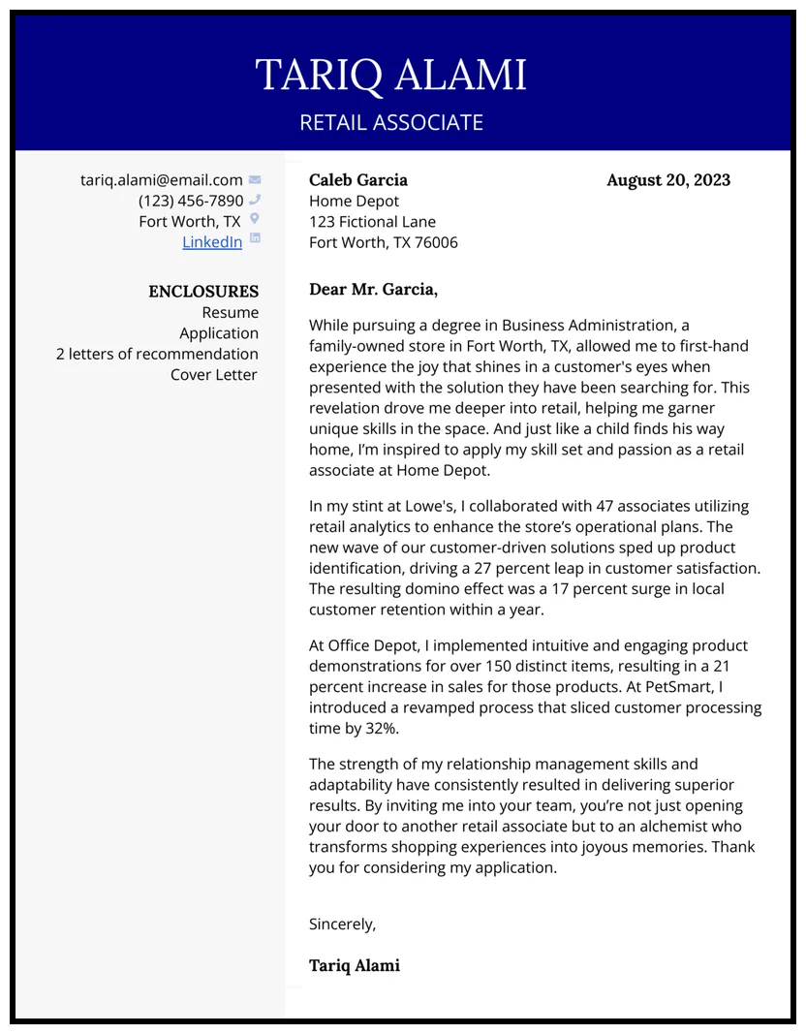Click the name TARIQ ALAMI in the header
(x=390, y=76)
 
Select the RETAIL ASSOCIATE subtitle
(x=390, y=123)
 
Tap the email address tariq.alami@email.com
(x=161, y=180)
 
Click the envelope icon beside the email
(x=255, y=179)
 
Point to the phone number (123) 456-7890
(x=191, y=201)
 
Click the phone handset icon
(x=255, y=200)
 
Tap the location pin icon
(x=255, y=220)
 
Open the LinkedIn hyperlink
(x=212, y=242)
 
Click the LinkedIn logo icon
(x=255, y=238)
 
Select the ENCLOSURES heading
(x=203, y=292)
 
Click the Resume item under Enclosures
(x=230, y=313)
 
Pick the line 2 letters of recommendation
(x=157, y=355)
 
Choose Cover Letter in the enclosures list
(x=214, y=375)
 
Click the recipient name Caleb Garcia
(x=357, y=180)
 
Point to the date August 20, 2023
(x=667, y=180)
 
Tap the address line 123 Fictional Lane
(x=372, y=222)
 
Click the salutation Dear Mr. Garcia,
(x=373, y=290)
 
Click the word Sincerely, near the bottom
(x=342, y=924)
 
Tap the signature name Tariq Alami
(x=354, y=966)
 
